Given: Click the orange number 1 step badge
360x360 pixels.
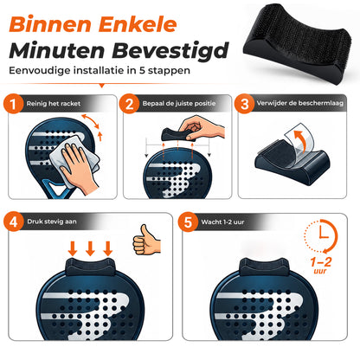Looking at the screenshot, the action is coord(13,104).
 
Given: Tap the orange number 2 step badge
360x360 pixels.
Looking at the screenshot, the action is coord(129,104).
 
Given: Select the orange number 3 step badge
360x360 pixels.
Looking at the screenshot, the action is coord(244,104).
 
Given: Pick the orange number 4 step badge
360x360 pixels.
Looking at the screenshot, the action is coord(14,222).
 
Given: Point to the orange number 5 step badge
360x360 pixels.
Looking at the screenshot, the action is coord(188,222).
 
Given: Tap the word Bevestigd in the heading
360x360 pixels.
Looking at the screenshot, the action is coord(170,51).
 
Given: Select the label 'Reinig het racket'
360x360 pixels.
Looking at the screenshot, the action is coord(54,104).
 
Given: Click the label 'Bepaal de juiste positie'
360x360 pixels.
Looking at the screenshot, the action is coord(179,103).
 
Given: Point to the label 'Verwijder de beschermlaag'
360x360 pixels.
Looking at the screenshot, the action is coord(300,103).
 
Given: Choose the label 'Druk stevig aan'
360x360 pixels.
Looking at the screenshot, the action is coord(52,222).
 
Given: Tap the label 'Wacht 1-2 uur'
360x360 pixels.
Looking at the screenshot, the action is coord(222,222).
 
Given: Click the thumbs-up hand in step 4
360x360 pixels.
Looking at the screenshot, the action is coord(146,240).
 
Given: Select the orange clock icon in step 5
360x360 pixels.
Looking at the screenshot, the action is coord(321,236).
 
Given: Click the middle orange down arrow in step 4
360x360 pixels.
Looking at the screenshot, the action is coord(90,248).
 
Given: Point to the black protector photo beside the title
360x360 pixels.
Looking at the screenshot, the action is coord(297,42).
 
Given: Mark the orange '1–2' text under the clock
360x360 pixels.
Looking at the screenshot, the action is coord(321,262).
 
